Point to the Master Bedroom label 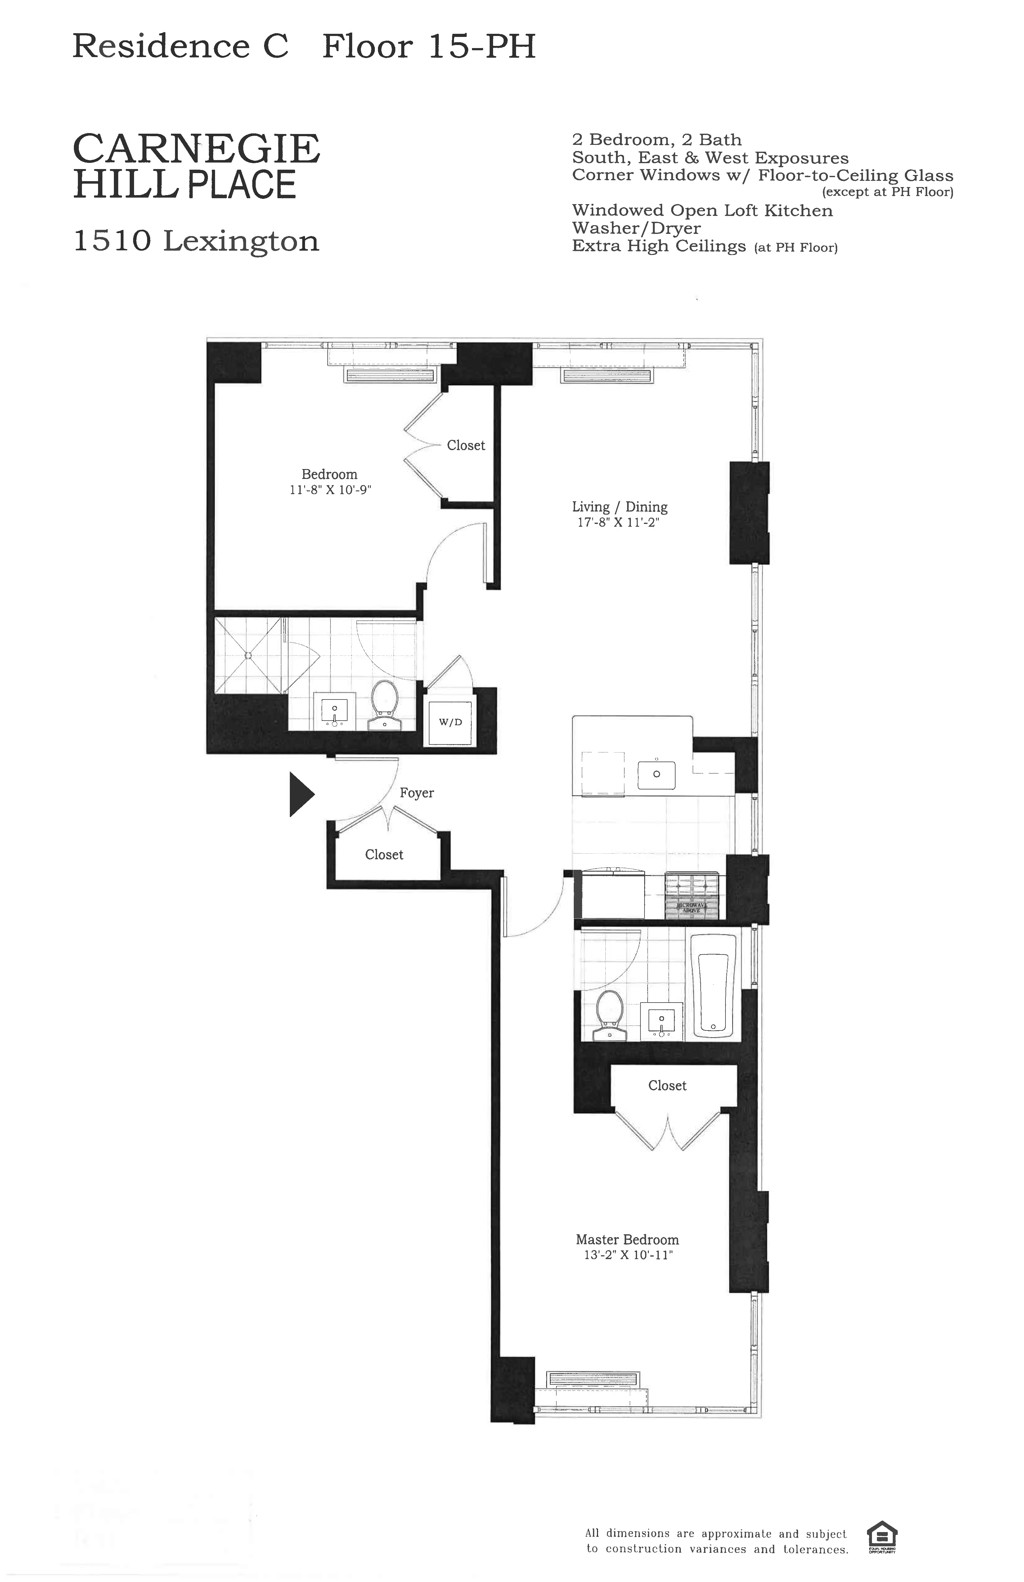(x=627, y=1240)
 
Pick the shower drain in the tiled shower (x=248, y=656)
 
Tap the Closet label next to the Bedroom (x=465, y=445)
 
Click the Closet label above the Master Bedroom (x=667, y=1085)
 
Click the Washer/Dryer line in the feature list (x=636, y=228)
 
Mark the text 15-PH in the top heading (x=481, y=47)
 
